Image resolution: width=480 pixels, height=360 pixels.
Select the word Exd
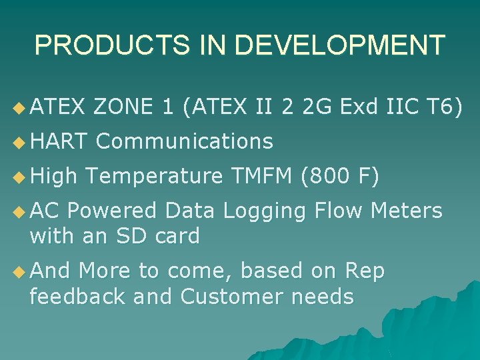pos(359,106)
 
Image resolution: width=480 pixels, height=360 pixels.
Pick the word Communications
pos(185,141)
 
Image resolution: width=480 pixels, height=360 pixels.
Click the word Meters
pos(407,211)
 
